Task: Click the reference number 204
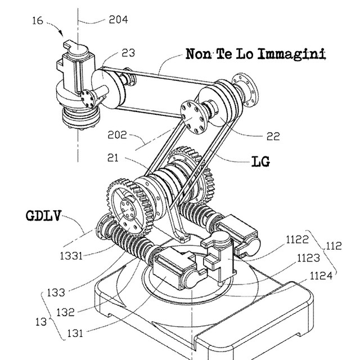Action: (x=118, y=20)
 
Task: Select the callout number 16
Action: (x=38, y=21)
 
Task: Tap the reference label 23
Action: (x=128, y=53)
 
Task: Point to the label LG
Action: (x=261, y=161)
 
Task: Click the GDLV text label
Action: (x=44, y=216)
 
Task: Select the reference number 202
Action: (x=117, y=135)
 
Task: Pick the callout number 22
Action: (x=273, y=136)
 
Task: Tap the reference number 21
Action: (x=113, y=158)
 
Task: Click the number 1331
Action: (x=71, y=256)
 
